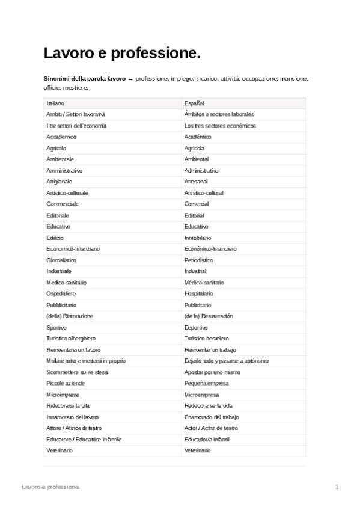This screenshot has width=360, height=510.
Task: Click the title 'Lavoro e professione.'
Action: tap(121, 54)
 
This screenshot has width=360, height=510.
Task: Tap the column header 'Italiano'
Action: tap(55, 103)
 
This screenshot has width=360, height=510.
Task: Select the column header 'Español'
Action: tap(194, 103)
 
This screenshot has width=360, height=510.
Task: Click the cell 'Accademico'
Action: tap(61, 137)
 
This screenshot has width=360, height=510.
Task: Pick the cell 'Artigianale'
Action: tap(59, 182)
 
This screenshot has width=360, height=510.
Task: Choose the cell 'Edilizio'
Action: tap(55, 238)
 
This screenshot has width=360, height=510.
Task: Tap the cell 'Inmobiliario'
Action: tap(198, 238)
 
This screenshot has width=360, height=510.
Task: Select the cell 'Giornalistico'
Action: tap(61, 260)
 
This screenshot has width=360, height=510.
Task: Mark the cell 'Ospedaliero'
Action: tap(61, 293)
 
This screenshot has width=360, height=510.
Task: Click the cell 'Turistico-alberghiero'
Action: tap(71, 339)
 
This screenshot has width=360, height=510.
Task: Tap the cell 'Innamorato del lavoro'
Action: tap(73, 417)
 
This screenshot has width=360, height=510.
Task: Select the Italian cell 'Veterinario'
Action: tap(59, 450)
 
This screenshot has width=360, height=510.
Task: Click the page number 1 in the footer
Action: tap(337, 486)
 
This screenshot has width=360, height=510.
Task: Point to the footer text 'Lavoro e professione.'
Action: tap(50, 486)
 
